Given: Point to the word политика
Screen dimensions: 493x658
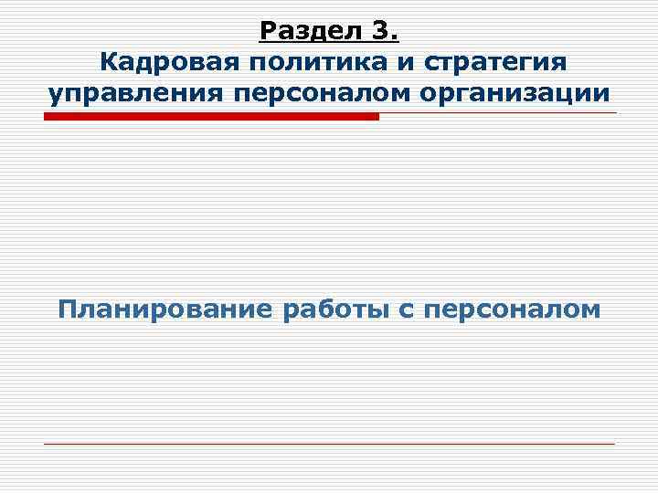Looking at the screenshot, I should pyautogui.click(x=315, y=63).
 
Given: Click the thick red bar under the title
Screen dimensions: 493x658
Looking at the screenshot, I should pyautogui.click(x=211, y=116).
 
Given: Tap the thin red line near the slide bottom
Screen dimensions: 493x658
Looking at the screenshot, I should pyautogui.click(x=329, y=444).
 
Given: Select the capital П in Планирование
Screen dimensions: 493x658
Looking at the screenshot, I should pyautogui.click(x=67, y=309).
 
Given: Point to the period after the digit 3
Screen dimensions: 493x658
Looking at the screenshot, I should pyautogui.click(x=394, y=37).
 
